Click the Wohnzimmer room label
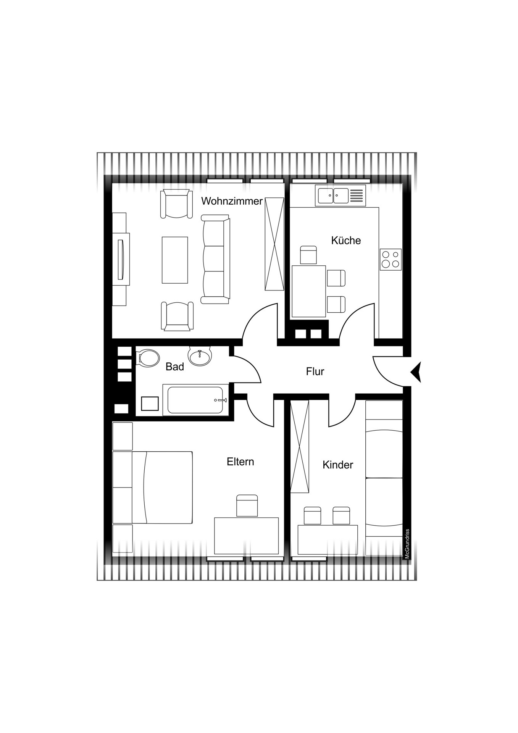pyautogui.click(x=232, y=201)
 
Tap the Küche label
pyautogui.click(x=346, y=241)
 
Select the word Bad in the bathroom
pyautogui.click(x=175, y=367)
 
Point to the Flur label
pyautogui.click(x=315, y=371)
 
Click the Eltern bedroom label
pyautogui.click(x=240, y=462)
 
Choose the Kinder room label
pyautogui.click(x=338, y=465)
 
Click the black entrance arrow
pyautogui.click(x=416, y=372)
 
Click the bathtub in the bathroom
pyautogui.click(x=195, y=400)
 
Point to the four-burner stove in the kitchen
pyautogui.click(x=391, y=260)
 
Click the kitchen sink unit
pyautogui.click(x=340, y=196)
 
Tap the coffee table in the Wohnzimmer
pyautogui.click(x=175, y=260)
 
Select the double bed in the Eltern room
pyautogui.click(x=162, y=488)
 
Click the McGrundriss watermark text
pyautogui.click(x=407, y=544)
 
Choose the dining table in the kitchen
pyautogui.click(x=309, y=291)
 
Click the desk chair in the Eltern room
pyautogui.click(x=247, y=506)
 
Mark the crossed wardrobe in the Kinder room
pyautogui.click(x=300, y=447)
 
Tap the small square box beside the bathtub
pyautogui.click(x=150, y=404)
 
